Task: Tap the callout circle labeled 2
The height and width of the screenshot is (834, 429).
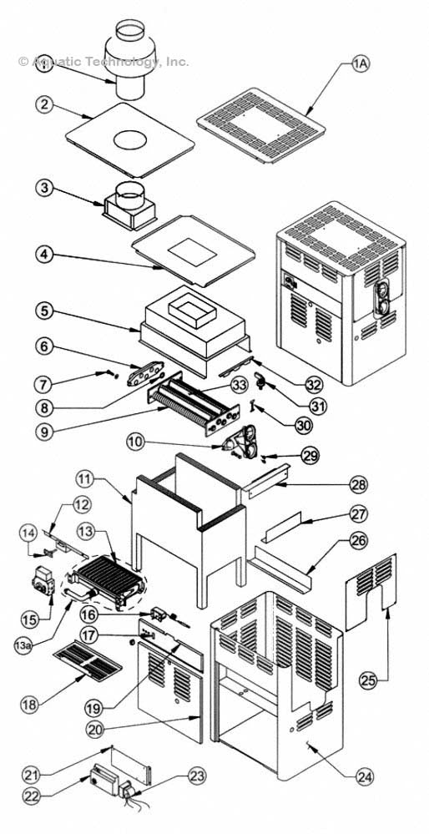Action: [47, 105]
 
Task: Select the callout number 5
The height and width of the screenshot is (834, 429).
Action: [47, 309]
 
